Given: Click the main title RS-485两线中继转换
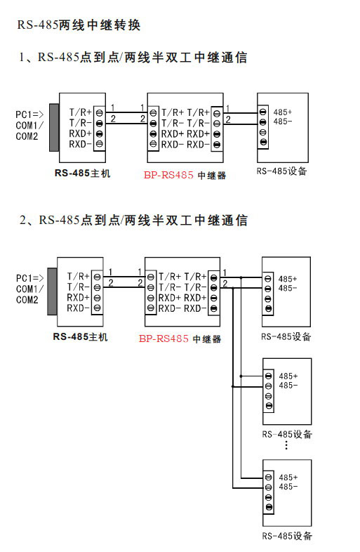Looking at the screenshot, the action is click(79, 25).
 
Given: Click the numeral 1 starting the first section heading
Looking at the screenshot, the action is click(22, 57).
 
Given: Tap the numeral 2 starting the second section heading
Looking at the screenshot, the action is click(23, 220).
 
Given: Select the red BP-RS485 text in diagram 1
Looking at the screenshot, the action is click(168, 175).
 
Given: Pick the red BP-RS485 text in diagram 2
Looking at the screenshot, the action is click(164, 339).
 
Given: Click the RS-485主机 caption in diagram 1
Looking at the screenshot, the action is click(82, 173).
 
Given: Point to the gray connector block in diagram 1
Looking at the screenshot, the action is click(54, 127).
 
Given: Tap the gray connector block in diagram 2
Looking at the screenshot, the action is click(52, 291).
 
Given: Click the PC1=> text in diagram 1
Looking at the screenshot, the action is click(29, 114).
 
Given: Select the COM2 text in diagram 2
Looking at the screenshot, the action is click(27, 300).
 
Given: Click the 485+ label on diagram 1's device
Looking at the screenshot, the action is click(283, 112).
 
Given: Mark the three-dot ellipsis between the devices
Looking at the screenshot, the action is click(286, 445).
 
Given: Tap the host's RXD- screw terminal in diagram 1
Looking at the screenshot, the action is click(100, 144).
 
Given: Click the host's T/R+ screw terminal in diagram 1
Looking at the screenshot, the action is click(100, 113).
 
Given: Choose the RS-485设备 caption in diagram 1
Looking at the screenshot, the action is click(281, 171).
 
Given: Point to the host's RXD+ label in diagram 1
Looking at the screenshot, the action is click(80, 133).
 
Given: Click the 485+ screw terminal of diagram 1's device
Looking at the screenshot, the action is click(263, 112).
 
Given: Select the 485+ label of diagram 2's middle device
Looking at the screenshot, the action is click(288, 376).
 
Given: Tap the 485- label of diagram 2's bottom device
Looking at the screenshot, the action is click(288, 487).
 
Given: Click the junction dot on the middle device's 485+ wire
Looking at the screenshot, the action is click(241, 376).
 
